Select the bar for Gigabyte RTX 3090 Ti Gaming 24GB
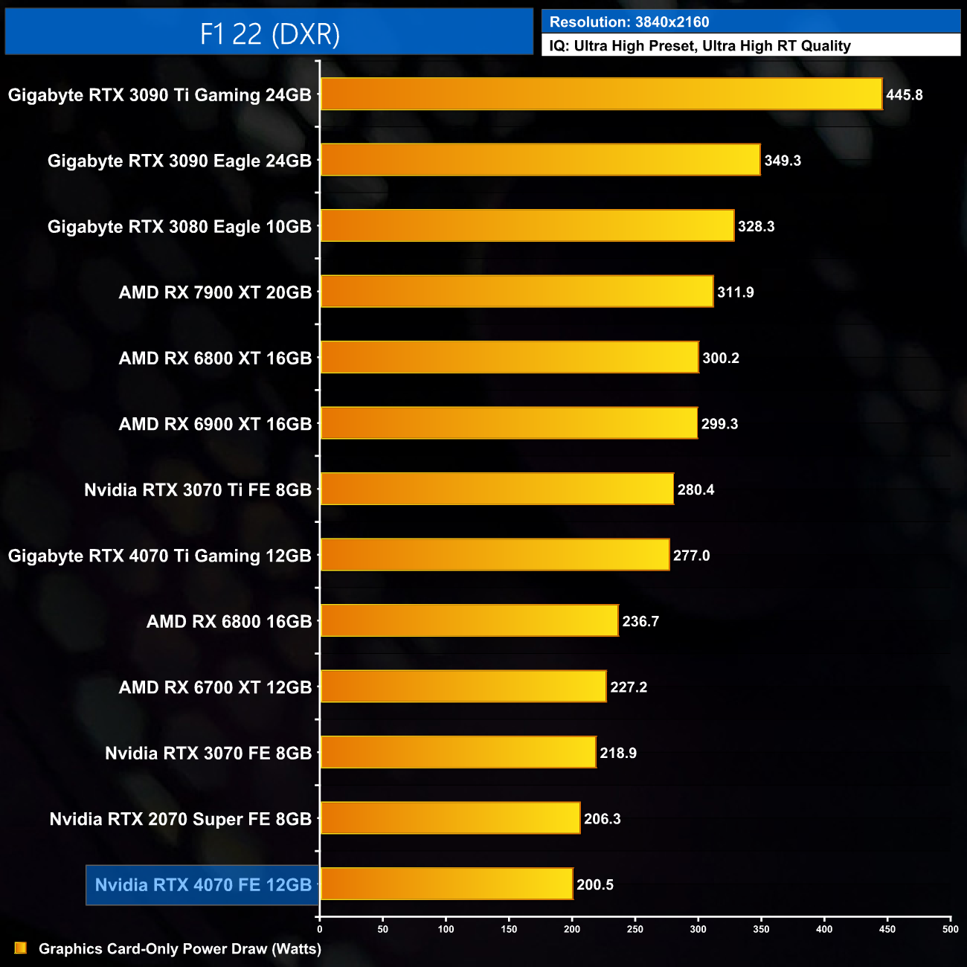(601, 94)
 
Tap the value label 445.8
(904, 95)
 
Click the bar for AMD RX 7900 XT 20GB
(516, 292)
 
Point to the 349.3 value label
(783, 161)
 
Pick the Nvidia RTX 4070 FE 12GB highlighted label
(203, 885)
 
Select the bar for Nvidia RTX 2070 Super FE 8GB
(450, 818)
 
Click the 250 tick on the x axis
(635, 929)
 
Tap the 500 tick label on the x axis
(950, 929)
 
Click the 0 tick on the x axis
(320, 929)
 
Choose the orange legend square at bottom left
(21, 948)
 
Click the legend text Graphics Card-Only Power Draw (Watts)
(180, 949)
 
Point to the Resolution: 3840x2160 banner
(751, 22)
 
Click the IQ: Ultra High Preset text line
(699, 46)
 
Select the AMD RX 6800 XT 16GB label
(215, 359)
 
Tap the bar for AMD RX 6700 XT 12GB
(463, 687)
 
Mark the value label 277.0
(691, 556)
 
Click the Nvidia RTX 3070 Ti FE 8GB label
(197, 490)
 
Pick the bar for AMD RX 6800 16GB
(469, 621)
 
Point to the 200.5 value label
(594, 885)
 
